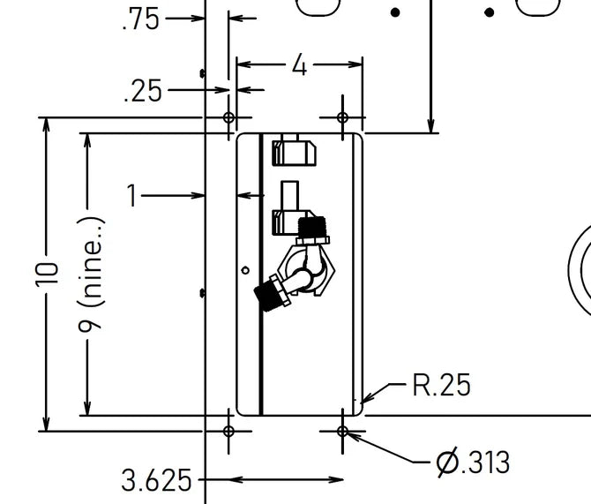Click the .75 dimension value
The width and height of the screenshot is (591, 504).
pyautogui.click(x=141, y=19)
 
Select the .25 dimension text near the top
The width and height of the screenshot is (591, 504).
pyautogui.click(x=144, y=91)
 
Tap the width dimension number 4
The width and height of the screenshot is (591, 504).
pyautogui.click(x=300, y=64)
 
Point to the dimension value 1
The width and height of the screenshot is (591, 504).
pyautogui.click(x=131, y=195)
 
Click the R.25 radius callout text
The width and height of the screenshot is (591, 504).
pyautogui.click(x=441, y=385)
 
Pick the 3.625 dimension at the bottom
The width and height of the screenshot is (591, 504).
pyautogui.click(x=156, y=480)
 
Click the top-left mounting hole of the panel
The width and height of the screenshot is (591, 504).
pyautogui.click(x=229, y=117)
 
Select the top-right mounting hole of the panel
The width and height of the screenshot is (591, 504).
pyautogui.click(x=343, y=117)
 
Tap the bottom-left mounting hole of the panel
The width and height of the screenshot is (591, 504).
pyautogui.click(x=229, y=431)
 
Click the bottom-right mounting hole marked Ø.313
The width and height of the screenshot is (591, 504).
pyautogui.click(x=343, y=431)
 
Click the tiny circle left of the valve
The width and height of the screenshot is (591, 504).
pyautogui.click(x=245, y=269)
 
